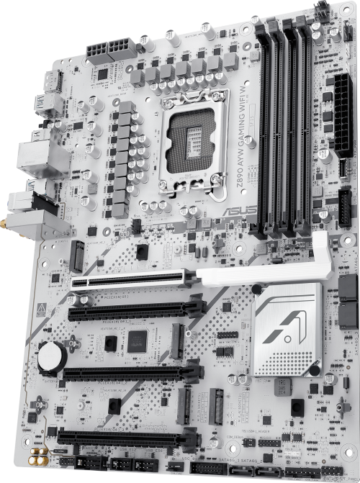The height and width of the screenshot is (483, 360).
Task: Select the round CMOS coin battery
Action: [52, 356]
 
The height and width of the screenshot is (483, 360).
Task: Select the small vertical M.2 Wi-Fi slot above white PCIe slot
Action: [77, 255]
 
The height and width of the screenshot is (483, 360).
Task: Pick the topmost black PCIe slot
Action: [133, 311]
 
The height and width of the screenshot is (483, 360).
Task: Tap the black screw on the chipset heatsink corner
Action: [315, 370]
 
